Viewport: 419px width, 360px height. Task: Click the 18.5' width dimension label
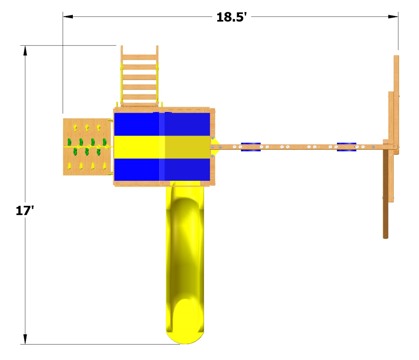point(231,17)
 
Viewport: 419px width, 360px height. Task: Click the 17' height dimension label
point(25,211)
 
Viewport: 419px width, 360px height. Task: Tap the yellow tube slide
point(185,262)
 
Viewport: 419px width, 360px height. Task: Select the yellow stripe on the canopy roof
point(162,147)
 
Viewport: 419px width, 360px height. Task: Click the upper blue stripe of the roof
point(162,124)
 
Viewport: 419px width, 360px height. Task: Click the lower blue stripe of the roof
point(162,169)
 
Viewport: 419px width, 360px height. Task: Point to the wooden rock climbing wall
point(87,147)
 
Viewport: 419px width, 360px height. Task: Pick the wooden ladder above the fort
point(139,76)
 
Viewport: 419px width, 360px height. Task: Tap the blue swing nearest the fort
point(251,147)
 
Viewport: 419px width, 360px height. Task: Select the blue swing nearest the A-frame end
point(347,147)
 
